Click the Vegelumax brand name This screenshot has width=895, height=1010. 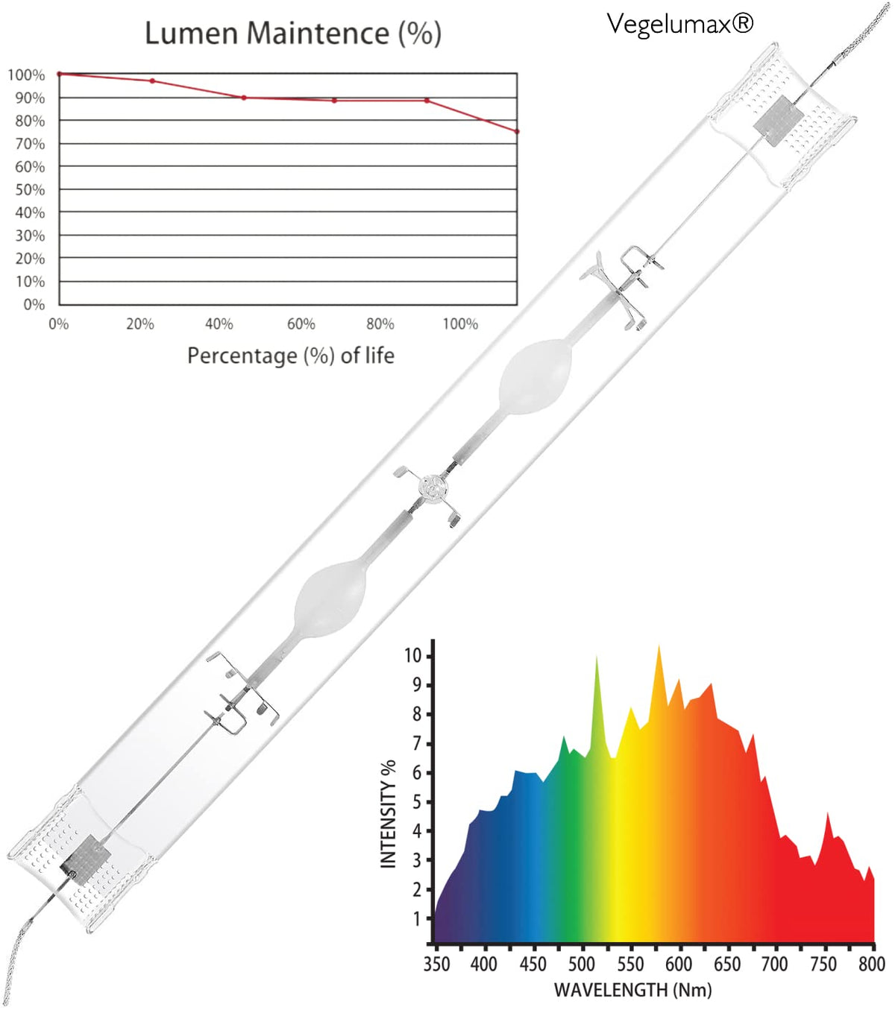pyautogui.click(x=679, y=23)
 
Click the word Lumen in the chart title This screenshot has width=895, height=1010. pyautogui.click(x=192, y=34)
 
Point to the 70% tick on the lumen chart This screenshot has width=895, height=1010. pyautogui.click(x=30, y=144)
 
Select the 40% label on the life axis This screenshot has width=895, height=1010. pyautogui.click(x=219, y=324)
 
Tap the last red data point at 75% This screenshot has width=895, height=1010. pyautogui.click(x=517, y=132)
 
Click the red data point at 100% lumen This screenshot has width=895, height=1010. pyautogui.click(x=60, y=74)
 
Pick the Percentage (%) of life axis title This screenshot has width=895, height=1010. pyautogui.click(x=291, y=356)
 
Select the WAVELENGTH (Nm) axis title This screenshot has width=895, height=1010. pyautogui.click(x=632, y=990)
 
